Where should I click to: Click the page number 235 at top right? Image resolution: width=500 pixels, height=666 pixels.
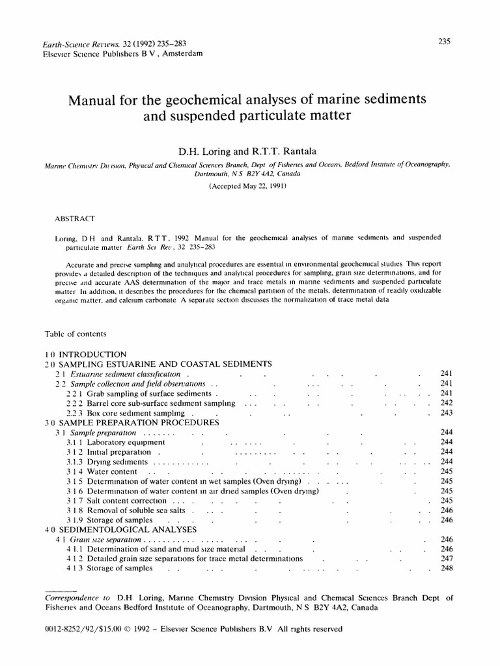[444, 42]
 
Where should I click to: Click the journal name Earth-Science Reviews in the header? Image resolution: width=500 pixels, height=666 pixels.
[68, 44]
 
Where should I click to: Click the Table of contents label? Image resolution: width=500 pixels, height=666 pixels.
[75, 334]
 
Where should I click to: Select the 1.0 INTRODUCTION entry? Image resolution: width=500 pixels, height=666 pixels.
[85, 355]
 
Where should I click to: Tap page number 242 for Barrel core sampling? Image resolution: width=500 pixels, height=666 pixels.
[446, 403]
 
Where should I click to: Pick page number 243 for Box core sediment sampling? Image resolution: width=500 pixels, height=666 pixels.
[446, 413]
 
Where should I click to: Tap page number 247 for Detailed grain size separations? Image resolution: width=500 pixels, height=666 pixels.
[446, 559]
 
